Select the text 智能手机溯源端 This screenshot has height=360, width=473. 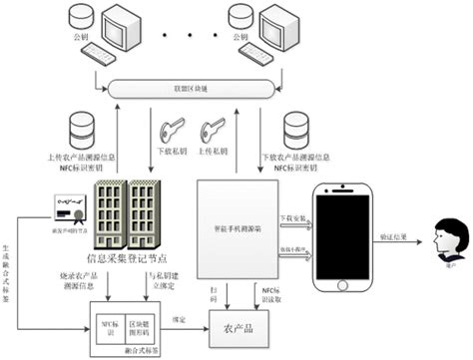(233, 227)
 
